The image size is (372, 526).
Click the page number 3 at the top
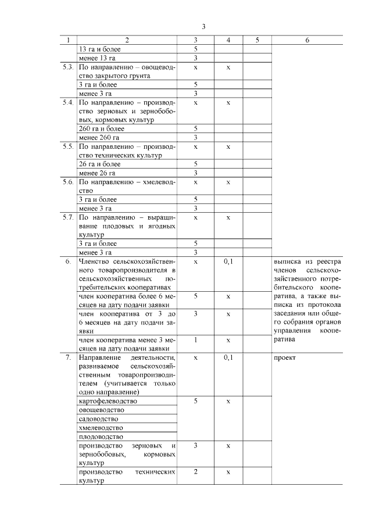coord(203,27)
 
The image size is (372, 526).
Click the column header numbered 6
coord(307,40)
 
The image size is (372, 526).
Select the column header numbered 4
coord(228,40)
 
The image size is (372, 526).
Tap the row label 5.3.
coord(67,67)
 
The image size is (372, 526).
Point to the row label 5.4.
coord(67,102)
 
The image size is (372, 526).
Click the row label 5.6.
coord(67,182)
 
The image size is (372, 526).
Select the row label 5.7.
coord(67,217)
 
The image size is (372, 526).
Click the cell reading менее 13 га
coord(96,58)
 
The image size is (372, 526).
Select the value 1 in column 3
coord(196,339)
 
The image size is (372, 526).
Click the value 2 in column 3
coord(196,471)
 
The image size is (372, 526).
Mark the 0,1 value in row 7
coord(228,357)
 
